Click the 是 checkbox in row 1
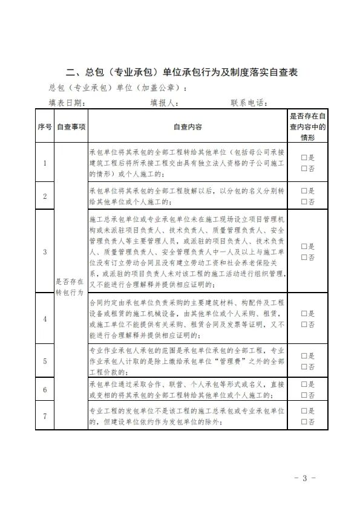point(305,157)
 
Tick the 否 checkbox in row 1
point(305,169)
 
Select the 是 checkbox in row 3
point(305,247)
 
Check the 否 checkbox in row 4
point(305,324)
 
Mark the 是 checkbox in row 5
point(305,355)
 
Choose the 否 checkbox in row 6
point(305,395)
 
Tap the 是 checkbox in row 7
point(305,411)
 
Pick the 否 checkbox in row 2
point(305,202)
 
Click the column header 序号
point(44,127)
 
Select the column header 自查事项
point(71,127)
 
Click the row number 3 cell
point(44,251)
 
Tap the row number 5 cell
point(44,361)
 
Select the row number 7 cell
point(44,417)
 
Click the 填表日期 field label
point(66,103)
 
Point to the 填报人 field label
point(163,103)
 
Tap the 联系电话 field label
point(248,103)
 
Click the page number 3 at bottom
point(305,479)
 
